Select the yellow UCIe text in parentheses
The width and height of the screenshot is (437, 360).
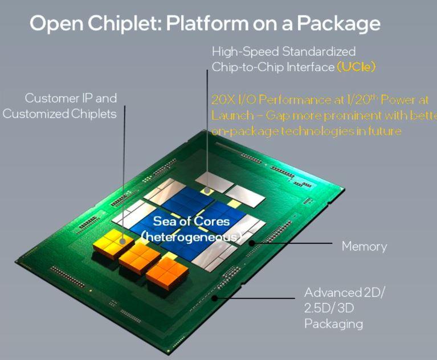(x=357, y=67)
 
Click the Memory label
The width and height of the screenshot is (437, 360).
(x=364, y=247)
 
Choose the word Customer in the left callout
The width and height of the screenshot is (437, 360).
(x=53, y=98)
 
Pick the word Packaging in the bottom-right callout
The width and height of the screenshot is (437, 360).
(x=333, y=324)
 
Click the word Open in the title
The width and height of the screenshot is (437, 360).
(x=51, y=24)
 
